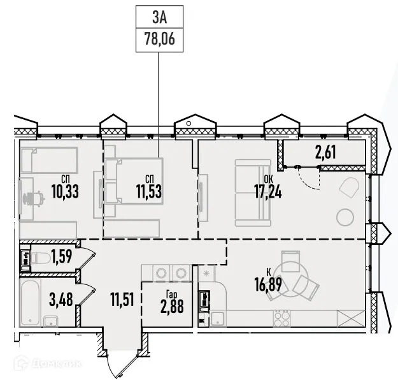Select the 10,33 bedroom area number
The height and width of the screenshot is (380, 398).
65,191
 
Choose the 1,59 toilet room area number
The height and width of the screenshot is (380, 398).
61,258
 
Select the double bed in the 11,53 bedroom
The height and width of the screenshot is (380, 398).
134,180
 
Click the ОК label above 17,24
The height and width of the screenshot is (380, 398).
269,179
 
